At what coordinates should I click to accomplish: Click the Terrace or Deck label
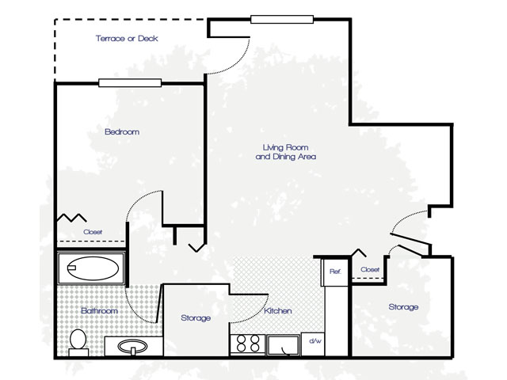click(127, 39)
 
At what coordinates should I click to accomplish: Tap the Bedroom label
click(122, 132)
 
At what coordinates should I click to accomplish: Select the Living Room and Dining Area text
click(286, 152)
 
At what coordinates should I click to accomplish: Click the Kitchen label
click(278, 311)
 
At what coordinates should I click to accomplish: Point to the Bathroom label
click(99, 311)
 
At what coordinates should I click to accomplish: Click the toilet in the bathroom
click(78, 343)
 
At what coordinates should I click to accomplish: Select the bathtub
click(91, 268)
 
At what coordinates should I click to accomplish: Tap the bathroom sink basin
click(132, 347)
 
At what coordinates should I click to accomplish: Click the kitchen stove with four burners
click(248, 344)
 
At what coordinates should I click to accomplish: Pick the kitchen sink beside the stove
click(284, 345)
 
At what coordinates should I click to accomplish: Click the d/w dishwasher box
click(313, 344)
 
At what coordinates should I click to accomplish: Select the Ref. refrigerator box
click(334, 272)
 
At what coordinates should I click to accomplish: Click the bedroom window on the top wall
click(130, 83)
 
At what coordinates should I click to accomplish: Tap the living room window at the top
click(282, 19)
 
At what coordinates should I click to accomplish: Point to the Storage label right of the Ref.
click(403, 307)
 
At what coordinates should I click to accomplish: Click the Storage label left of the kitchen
click(196, 318)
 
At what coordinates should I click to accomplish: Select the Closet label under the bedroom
click(93, 232)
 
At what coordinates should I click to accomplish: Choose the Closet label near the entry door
click(370, 269)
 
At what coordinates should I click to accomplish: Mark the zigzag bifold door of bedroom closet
click(72, 218)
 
